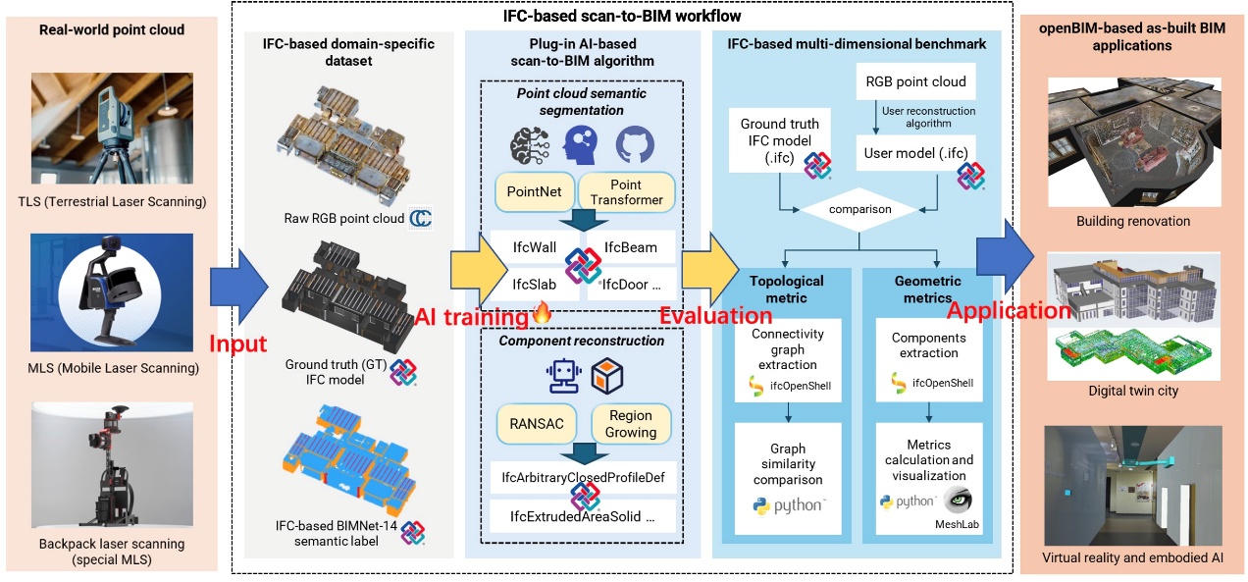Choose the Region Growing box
pyautogui.click(x=631, y=424)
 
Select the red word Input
pyautogui.click(x=237, y=344)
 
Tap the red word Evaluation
pyautogui.click(x=715, y=316)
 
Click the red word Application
pyautogui.click(x=1009, y=311)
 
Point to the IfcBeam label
pyautogui.click(x=632, y=248)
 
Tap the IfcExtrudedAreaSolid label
pyautogui.click(x=584, y=515)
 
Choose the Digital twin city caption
pyautogui.click(x=1132, y=391)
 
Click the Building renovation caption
pyautogui.click(x=1132, y=221)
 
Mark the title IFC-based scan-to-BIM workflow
pyautogui.click(x=622, y=16)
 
